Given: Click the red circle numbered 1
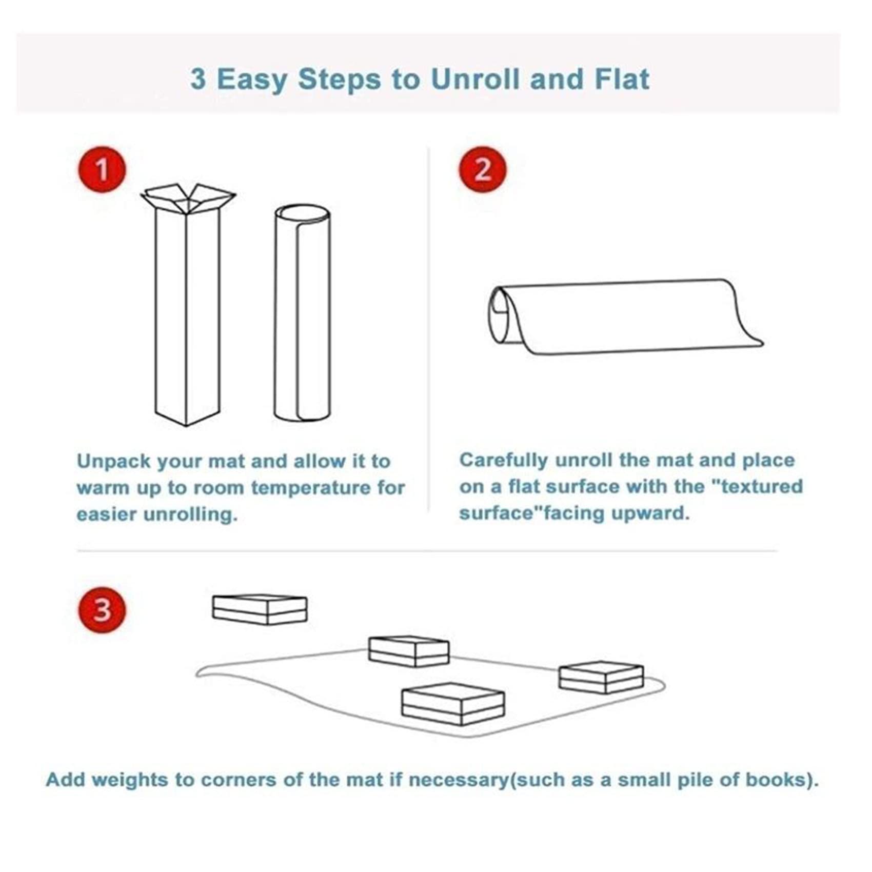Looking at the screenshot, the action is coord(102,170).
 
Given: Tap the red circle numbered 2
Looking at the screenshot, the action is coord(482,169).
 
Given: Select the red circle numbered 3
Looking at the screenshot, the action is coord(102,610).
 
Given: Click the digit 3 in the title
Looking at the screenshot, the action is coord(198,80).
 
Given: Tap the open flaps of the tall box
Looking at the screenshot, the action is coord(188,197).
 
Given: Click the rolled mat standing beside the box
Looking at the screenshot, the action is coord(302,312).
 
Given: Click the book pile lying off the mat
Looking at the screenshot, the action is coord(260,609).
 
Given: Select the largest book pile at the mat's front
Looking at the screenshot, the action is coord(453,704).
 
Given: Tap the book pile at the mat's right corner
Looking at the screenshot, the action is coord(601,677).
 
